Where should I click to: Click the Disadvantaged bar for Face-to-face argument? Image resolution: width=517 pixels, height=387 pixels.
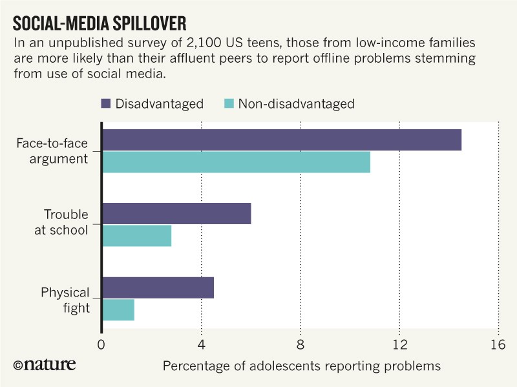[282, 140]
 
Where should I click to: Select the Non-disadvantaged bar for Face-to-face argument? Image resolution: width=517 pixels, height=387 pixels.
[237, 162]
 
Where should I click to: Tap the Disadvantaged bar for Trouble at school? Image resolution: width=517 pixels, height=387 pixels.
[176, 213]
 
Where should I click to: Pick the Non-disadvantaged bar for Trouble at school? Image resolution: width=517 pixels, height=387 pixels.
[137, 236]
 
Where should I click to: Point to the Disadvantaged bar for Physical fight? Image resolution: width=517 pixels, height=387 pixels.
[158, 288]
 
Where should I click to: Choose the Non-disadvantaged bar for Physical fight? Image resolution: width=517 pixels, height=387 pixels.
[118, 310]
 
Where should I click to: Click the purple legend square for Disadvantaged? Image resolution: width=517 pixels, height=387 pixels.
[107, 103]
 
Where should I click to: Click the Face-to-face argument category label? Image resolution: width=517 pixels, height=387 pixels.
[52, 151]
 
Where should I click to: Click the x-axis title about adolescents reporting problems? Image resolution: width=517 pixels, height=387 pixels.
[301, 366]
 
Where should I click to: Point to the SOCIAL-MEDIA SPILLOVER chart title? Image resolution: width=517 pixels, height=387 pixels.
[100, 24]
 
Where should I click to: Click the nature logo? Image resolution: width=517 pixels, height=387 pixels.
[44, 364]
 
